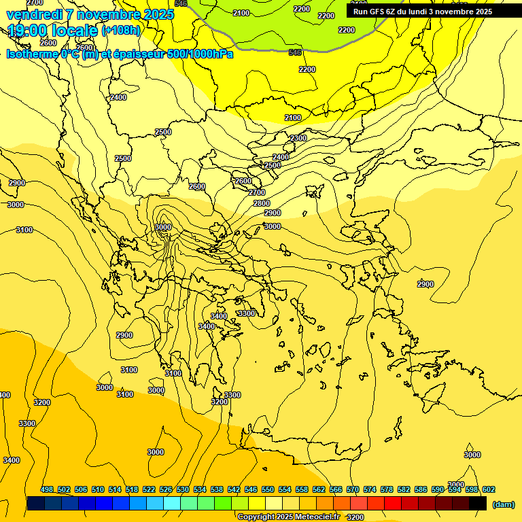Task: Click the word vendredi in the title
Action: coord(35,14)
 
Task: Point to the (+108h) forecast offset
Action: coord(121,31)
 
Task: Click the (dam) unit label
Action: coord(504,504)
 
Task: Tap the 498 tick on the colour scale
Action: coord(47,490)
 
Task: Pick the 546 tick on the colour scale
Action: coord(251,490)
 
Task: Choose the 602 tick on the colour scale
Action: coord(488,490)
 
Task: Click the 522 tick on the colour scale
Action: coord(149,490)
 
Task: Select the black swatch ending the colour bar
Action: coord(478,504)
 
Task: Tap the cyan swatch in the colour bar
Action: coord(173,504)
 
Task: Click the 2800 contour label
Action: coord(262,203)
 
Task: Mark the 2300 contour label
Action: coord(298,138)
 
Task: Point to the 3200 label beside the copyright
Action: coord(355,517)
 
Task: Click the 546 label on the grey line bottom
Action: coord(295,52)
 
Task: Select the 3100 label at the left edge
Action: coord(24,230)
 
